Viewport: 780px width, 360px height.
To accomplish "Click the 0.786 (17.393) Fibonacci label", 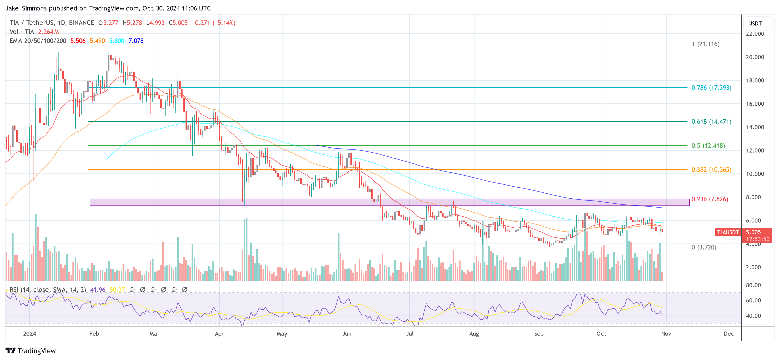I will (711, 87).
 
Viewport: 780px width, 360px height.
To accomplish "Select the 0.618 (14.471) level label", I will (711, 121).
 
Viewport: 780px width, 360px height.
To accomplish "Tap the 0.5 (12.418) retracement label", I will (708, 146).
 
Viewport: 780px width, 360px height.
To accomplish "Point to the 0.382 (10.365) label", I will (711, 170).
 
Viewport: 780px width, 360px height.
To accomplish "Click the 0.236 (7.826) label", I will (709, 199).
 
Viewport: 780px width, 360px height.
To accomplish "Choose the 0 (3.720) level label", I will (704, 247).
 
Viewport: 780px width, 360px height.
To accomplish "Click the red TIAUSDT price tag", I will (728, 232).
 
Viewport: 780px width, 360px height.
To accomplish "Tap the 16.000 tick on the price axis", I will (755, 104).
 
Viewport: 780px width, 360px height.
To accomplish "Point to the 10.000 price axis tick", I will (755, 174).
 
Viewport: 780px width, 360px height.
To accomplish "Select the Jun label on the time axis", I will (347, 334).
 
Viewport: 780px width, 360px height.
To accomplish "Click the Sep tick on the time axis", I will (539, 334).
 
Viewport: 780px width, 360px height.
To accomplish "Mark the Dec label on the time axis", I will (729, 334).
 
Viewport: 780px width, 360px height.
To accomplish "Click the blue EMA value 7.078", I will (136, 41).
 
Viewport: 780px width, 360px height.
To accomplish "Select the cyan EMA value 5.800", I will (117, 41).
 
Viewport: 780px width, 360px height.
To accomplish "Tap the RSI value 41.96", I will (98, 290).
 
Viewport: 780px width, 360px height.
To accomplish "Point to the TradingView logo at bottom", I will (31, 351).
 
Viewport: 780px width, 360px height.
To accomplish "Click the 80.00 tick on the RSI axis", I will (753, 285).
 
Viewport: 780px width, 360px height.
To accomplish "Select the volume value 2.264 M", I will (48, 32).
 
